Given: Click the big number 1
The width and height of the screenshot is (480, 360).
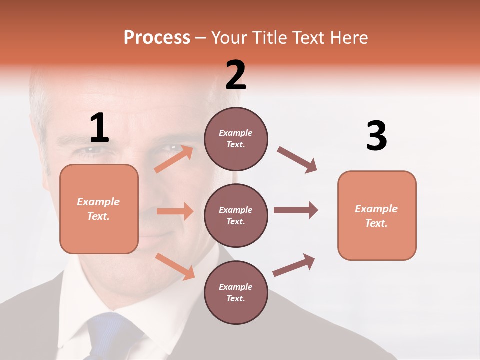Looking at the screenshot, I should click(99, 128).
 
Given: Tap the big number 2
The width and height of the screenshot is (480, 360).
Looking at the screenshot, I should click(236, 75).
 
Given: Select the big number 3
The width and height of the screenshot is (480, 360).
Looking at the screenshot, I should click(376, 136).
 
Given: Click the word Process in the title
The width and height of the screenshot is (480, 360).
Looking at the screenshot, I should click(157, 37).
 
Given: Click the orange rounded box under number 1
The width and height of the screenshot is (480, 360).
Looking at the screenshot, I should click(99, 209).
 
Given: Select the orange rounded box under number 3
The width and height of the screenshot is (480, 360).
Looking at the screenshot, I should click(377, 215).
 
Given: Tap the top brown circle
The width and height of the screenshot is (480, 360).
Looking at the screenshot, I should click(236, 139).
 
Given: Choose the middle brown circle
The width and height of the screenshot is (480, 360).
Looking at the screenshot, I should click(236, 215).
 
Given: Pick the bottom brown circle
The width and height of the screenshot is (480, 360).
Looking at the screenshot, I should click(236, 292).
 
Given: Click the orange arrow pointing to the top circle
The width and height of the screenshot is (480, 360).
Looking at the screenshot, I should click(173, 159).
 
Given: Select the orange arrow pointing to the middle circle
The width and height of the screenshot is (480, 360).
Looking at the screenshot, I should click(175, 211).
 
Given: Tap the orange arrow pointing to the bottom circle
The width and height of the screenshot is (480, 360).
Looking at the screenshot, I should click(175, 266).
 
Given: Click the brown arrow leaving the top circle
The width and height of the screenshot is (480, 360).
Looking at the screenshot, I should click(297, 160).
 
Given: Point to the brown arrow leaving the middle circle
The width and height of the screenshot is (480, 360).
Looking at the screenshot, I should click(295, 210).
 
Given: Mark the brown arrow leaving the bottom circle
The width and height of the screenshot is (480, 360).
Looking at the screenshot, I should click(294, 265).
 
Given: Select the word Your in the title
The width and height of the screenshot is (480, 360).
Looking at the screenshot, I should click(229, 37).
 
